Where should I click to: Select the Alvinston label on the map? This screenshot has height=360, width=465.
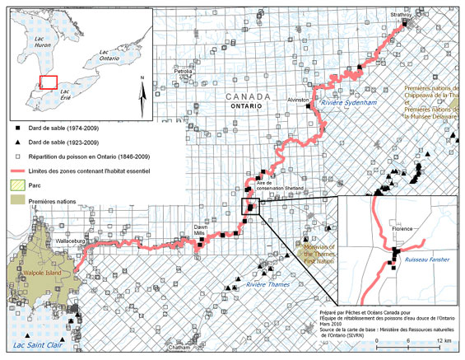click(x=298, y=100)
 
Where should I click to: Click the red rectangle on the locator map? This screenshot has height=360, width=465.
click(x=49, y=82)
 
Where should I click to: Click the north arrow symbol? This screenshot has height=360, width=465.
click(x=142, y=95)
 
